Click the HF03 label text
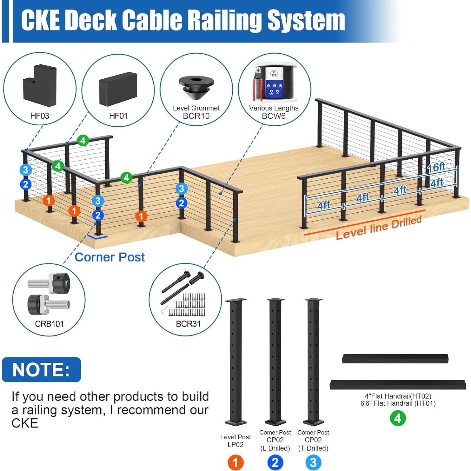click(40, 116)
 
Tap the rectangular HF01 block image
click(118, 89)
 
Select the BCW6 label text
click(274, 116)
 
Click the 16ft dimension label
click(436, 167)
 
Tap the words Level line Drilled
click(379, 228)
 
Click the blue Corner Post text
click(109, 257)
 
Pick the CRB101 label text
click(49, 324)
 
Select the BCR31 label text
click(188, 324)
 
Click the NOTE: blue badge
click(41, 370)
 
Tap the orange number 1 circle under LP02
click(235, 462)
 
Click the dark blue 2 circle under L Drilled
click(275, 462)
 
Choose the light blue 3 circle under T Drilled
click(313, 462)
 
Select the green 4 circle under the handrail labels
click(398, 418)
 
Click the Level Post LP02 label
click(235, 441)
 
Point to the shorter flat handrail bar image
click(395, 359)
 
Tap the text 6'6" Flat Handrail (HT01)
click(398, 403)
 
